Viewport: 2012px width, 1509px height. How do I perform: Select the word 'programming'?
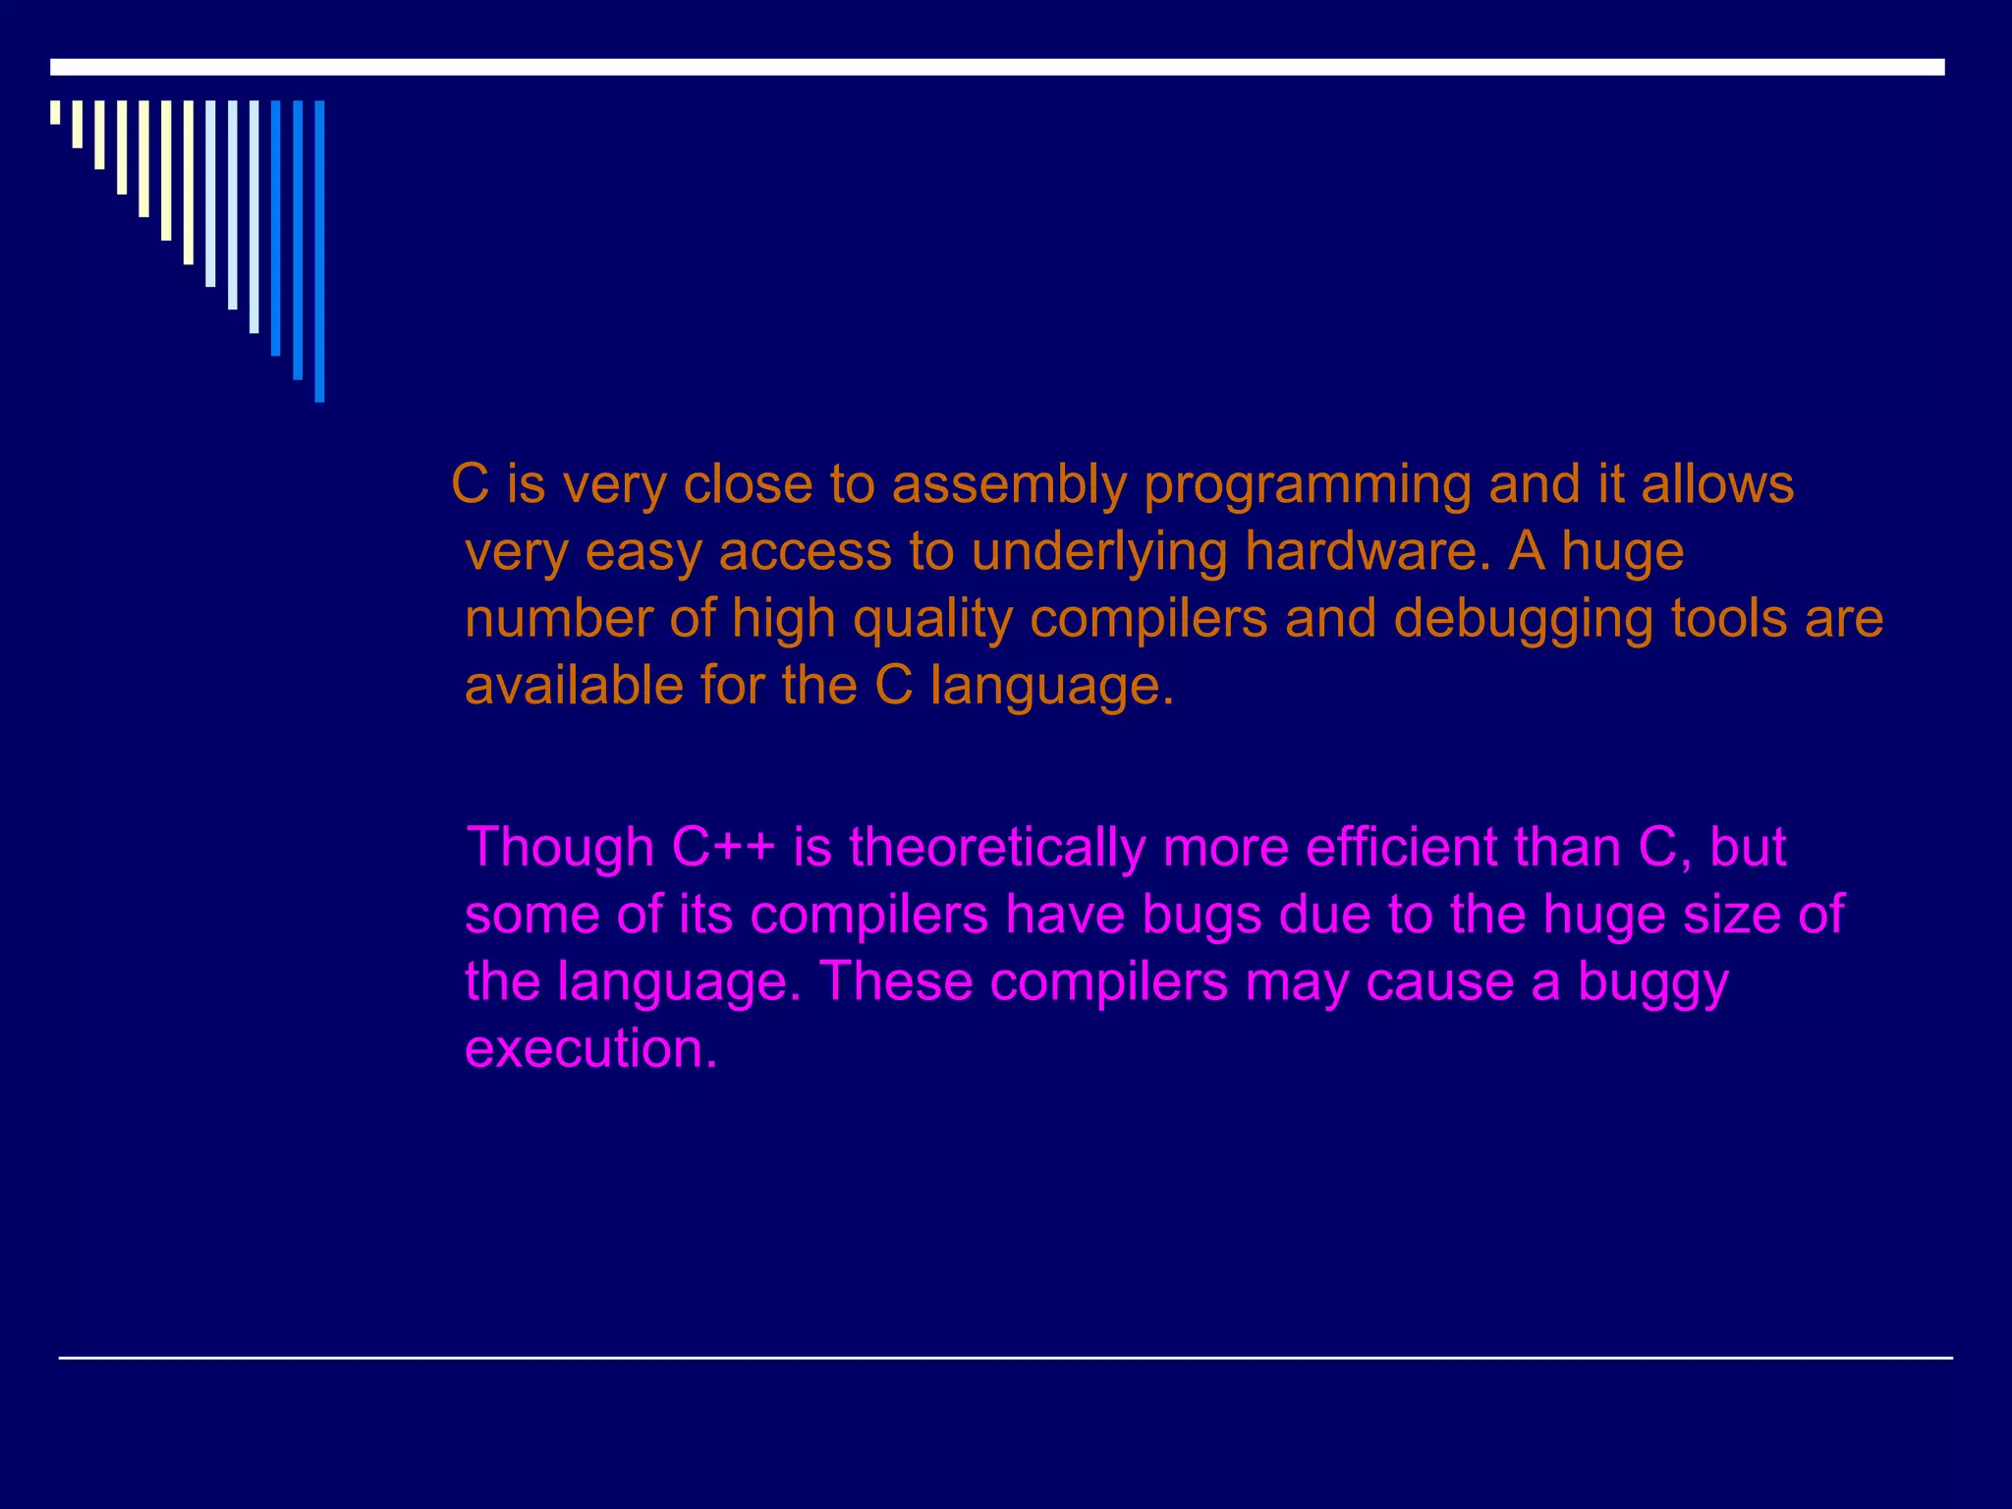(1307, 485)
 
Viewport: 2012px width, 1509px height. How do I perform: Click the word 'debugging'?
(1523, 619)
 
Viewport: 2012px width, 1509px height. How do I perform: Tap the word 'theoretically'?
(996, 847)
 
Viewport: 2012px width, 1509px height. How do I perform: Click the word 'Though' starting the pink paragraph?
(560, 847)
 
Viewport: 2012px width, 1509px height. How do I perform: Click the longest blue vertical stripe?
(319, 251)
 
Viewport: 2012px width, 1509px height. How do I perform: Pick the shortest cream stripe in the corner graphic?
(55, 112)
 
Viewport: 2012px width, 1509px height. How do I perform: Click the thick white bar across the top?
(997, 67)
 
